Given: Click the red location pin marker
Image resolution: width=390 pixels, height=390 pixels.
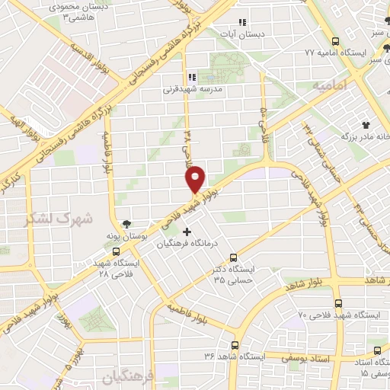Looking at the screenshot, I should click(196, 178).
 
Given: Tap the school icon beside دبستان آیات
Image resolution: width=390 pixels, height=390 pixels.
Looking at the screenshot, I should click(242, 22).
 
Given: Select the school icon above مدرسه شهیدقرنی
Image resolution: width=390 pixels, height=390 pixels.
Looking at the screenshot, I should click(191, 77).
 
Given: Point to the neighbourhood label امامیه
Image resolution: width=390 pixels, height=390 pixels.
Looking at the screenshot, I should click(330, 86).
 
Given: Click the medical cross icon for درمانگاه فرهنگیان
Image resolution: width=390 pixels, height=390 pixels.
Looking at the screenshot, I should click(187, 231).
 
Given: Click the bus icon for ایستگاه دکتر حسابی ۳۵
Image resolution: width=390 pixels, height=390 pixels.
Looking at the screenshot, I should click(233, 257).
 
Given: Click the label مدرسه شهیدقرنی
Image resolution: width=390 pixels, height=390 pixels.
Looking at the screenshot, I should click(190, 88).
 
